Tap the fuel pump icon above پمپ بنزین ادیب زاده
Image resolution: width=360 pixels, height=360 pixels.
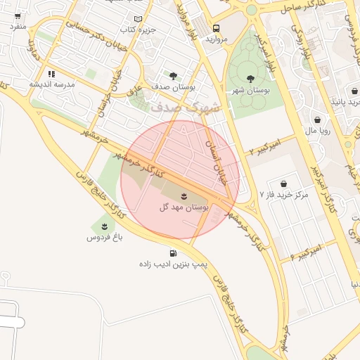click(x=172, y=253)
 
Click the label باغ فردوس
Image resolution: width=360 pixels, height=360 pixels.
click(x=105, y=238)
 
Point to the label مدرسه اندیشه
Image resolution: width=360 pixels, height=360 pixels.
click(x=52, y=84)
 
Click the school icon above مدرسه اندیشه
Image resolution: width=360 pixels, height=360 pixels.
click(x=51, y=73)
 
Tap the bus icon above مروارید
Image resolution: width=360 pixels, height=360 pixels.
click(x=216, y=28)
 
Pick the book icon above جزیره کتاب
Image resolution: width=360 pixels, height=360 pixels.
click(x=138, y=19)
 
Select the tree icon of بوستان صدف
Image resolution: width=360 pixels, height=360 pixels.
click(x=173, y=75)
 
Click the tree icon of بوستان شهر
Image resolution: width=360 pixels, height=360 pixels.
click(x=251, y=79)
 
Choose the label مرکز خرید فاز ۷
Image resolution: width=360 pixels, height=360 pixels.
click(x=285, y=193)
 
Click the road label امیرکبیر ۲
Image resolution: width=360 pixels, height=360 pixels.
click(x=264, y=147)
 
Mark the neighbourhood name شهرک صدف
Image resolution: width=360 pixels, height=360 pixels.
click(x=185, y=106)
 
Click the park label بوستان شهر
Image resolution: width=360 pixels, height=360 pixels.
click(x=251, y=90)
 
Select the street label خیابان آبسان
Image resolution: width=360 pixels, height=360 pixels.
click(x=216, y=161)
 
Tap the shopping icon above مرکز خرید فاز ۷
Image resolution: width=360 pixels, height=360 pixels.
click(x=283, y=183)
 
